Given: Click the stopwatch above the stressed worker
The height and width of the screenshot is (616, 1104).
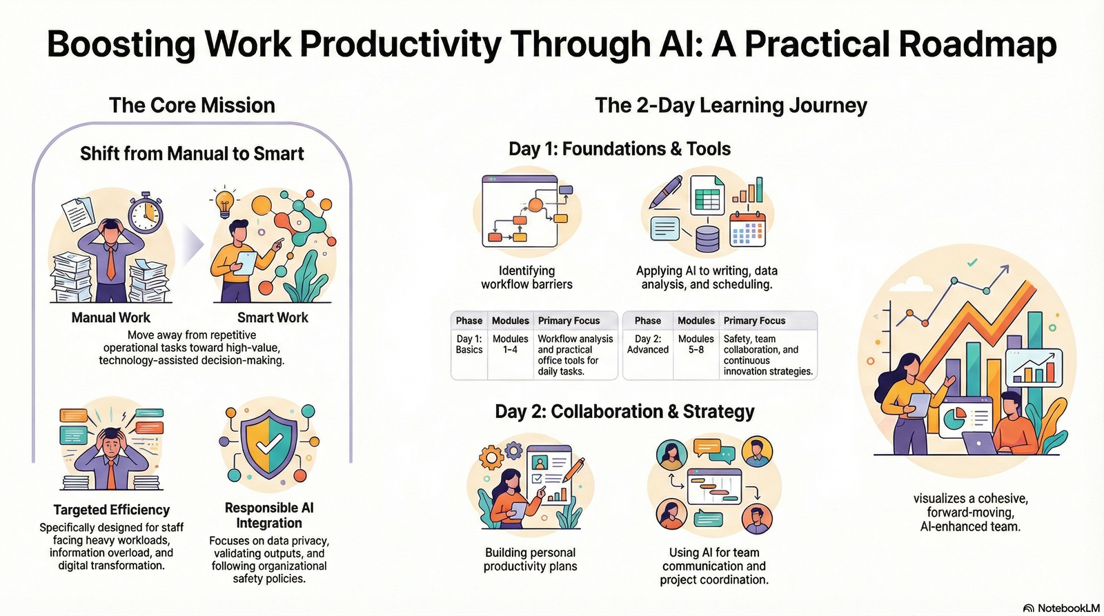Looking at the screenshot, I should click(146, 212).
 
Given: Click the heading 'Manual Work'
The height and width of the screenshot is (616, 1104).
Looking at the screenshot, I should click(110, 317).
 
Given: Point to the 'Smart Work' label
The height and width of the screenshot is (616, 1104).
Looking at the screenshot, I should click(273, 317).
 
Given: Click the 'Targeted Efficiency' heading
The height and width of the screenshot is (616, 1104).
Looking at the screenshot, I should click(111, 510).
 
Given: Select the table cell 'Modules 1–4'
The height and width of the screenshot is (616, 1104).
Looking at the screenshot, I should click(510, 344).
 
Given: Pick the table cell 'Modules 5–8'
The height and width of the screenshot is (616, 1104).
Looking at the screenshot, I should click(696, 344).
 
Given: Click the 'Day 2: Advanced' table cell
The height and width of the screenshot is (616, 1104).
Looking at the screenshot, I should click(647, 344).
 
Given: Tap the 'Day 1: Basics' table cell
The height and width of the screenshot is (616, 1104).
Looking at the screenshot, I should click(469, 344).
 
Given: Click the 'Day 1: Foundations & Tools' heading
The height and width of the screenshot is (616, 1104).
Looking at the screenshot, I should click(619, 149).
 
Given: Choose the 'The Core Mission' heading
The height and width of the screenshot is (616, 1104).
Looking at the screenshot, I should click(192, 106).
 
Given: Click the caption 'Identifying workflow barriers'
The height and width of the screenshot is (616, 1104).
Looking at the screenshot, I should click(526, 277).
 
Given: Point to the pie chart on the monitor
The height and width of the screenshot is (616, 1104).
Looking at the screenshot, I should click(954, 417).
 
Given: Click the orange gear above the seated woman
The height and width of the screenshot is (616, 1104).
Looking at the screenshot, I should click(491, 457).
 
